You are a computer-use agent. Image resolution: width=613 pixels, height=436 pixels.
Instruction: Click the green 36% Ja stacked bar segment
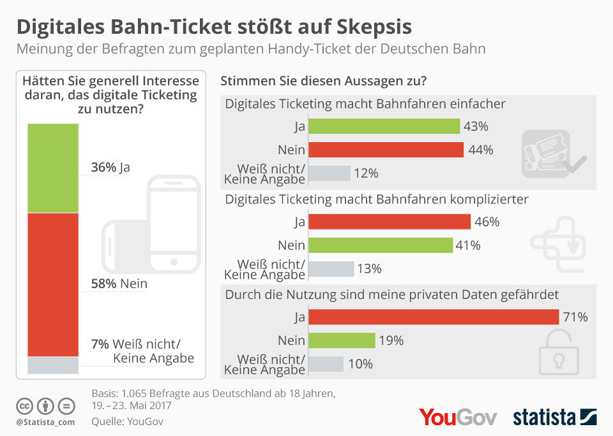(x=53, y=168)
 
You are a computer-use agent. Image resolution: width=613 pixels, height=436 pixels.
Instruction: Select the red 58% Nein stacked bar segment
(x=53, y=284)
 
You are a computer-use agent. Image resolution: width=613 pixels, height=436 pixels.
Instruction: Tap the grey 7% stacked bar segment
(x=53, y=365)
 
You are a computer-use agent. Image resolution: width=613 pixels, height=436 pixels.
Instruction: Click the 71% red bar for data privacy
(x=434, y=317)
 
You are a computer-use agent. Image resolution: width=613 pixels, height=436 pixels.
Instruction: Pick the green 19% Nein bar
(x=341, y=340)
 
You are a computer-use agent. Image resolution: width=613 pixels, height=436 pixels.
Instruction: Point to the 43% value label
(x=476, y=126)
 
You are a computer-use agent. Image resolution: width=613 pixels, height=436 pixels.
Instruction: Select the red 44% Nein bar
(x=385, y=150)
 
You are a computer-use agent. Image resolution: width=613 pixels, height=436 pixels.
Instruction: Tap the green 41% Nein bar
(x=381, y=245)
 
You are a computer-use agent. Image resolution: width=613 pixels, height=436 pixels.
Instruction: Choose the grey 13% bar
(x=331, y=268)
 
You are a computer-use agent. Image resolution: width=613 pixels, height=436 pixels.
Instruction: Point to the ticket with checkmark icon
(x=553, y=153)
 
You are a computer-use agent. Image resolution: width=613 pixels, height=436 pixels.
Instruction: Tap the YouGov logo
(x=458, y=417)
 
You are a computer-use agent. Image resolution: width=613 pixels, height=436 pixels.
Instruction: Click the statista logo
(x=554, y=417)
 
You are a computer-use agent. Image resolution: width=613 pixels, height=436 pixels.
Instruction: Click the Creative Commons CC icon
(x=25, y=405)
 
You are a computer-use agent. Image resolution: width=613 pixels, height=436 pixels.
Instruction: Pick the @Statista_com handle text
(x=45, y=421)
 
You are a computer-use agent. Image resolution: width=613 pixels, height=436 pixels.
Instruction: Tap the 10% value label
(x=361, y=364)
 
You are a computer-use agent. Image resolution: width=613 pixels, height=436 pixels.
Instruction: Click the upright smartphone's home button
(x=174, y=261)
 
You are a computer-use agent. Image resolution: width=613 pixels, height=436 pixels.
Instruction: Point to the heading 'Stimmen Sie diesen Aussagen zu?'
(x=323, y=82)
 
